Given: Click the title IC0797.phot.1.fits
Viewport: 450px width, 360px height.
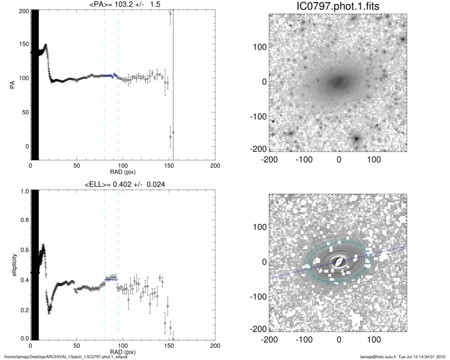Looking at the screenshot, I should click(338, 7).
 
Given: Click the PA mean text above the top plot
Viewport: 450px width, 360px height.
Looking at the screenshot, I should click(123, 5).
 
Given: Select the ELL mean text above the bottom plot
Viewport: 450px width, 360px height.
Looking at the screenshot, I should click(123, 184).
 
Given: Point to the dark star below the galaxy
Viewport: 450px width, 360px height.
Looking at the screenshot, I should click(356, 138).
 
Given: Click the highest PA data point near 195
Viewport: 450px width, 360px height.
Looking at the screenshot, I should click(170, 14).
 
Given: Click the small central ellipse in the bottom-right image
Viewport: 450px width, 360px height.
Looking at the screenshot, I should click(338, 262).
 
